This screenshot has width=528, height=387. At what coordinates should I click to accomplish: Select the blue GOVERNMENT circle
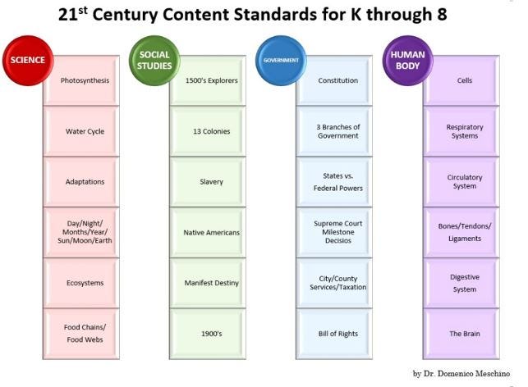click(x=280, y=61)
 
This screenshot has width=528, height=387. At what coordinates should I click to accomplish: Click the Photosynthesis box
click(x=85, y=80)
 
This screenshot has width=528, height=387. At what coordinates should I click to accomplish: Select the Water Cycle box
click(x=85, y=131)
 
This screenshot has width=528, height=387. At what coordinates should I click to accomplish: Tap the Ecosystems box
click(x=85, y=283)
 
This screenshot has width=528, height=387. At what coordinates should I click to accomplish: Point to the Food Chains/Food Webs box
click(x=85, y=334)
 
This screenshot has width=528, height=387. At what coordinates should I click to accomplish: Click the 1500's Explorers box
click(x=211, y=80)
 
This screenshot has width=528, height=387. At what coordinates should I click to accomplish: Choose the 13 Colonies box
click(x=211, y=131)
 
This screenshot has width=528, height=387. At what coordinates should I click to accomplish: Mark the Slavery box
click(x=211, y=182)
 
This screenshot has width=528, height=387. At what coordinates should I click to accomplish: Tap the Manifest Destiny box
click(x=211, y=283)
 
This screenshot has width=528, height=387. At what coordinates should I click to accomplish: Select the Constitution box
click(x=337, y=80)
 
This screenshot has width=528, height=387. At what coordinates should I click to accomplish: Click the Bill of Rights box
click(x=337, y=334)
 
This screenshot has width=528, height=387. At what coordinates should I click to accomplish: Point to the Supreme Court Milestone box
click(x=337, y=232)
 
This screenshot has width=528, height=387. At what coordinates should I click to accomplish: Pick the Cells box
click(x=465, y=80)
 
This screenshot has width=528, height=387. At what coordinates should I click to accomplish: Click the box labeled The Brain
click(x=465, y=334)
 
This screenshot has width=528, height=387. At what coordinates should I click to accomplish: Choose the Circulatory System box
click(x=465, y=182)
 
